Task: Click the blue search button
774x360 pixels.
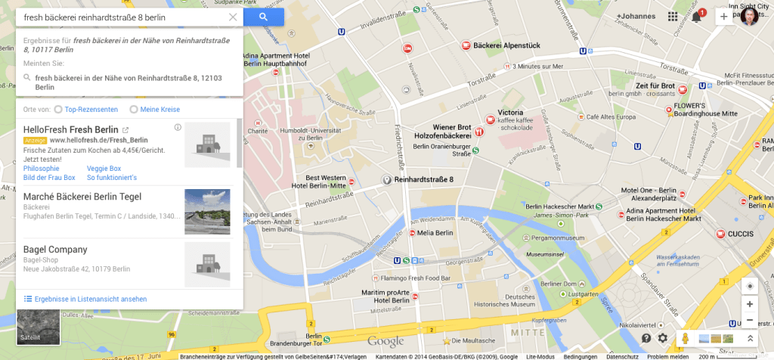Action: pyautogui.click(x=264, y=17)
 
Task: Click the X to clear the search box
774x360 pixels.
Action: pyautogui.click(x=232, y=17)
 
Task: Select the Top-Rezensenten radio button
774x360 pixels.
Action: pyautogui.click(x=58, y=110)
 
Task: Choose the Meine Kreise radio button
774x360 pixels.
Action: pyautogui.click(x=134, y=110)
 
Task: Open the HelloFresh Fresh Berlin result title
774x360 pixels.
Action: pyautogui.click(x=70, y=129)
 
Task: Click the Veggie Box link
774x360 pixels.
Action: pyautogui.click(x=104, y=168)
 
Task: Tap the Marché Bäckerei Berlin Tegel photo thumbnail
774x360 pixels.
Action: pyautogui.click(x=207, y=212)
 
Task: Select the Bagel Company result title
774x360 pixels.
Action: pyautogui.click(x=55, y=250)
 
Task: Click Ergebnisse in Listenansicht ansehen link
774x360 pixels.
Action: pyautogui.click(x=90, y=299)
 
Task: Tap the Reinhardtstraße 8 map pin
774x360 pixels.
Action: pyautogui.click(x=386, y=180)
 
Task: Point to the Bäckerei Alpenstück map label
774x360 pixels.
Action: pyautogui.click(x=506, y=45)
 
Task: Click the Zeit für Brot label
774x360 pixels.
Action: pyautogui.click(x=655, y=85)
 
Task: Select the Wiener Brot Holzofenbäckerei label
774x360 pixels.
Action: pyautogui.click(x=451, y=131)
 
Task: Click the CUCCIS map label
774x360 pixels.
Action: pyautogui.click(x=740, y=234)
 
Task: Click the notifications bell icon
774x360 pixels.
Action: pyautogui.click(x=697, y=17)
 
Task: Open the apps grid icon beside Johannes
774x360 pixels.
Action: pyautogui.click(x=673, y=17)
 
